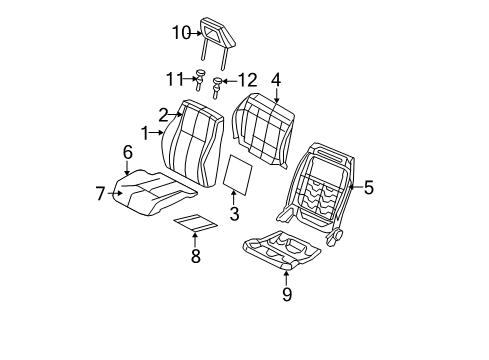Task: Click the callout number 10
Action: pyautogui.click(x=180, y=33)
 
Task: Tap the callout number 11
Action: pyautogui.click(x=175, y=77)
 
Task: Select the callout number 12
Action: pyautogui.click(x=246, y=79)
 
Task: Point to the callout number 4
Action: pyautogui.click(x=275, y=79)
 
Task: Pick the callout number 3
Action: pyautogui.click(x=234, y=214)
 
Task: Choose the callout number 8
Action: pyautogui.click(x=195, y=257)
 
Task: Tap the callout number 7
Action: pyautogui.click(x=101, y=193)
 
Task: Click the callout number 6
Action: pyautogui.click(x=127, y=152)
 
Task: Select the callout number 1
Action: pyautogui.click(x=147, y=132)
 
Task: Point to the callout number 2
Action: pyautogui.click(x=163, y=114)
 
